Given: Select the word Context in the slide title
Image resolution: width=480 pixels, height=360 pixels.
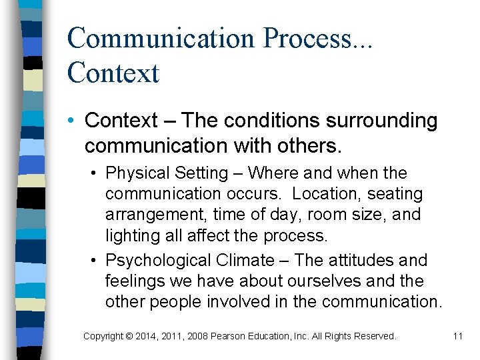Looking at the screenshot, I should click(x=113, y=72).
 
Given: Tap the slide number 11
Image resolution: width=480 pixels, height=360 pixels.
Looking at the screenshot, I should click(x=457, y=336).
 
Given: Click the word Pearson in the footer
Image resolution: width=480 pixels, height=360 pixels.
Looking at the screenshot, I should click(x=228, y=336).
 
